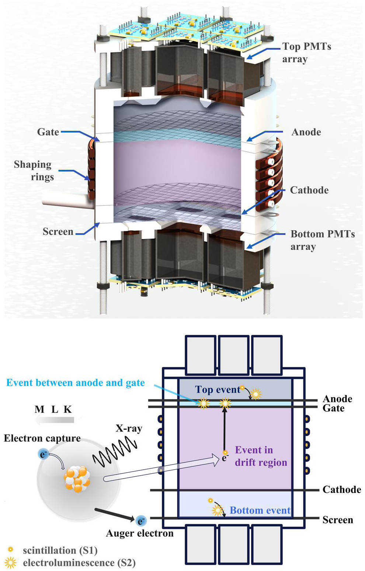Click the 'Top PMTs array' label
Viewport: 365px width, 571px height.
click(x=306, y=53)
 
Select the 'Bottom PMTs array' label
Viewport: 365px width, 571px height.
click(x=322, y=240)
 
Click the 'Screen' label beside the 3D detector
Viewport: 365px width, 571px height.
click(x=58, y=232)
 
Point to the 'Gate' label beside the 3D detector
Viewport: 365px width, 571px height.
click(x=48, y=132)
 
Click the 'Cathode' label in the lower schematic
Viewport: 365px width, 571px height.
click(x=341, y=490)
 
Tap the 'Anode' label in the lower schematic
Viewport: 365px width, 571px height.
click(x=337, y=399)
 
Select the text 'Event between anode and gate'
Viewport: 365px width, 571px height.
click(x=76, y=383)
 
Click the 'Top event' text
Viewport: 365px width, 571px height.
click(x=218, y=389)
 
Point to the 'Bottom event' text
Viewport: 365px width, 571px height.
click(x=260, y=510)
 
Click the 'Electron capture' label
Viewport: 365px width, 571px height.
click(x=42, y=438)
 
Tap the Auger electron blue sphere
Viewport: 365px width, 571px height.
click(x=141, y=521)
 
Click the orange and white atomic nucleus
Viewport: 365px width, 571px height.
click(x=77, y=479)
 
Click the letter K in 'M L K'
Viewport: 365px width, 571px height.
click(x=67, y=409)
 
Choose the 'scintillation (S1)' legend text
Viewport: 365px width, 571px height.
click(x=60, y=550)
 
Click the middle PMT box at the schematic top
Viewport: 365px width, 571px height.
click(x=233, y=354)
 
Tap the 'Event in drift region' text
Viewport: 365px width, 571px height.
click(x=261, y=456)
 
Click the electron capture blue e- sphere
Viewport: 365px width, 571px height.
click(x=43, y=454)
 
